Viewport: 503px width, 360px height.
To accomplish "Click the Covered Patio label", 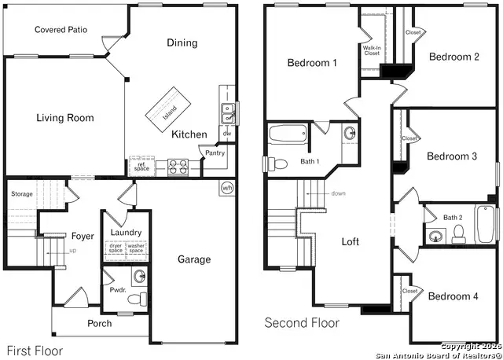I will pyautogui.click(x=61, y=30).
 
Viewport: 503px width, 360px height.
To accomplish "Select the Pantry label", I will pyautogui.click(x=215, y=153).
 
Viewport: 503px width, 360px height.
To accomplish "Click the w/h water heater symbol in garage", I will pyautogui.click(x=227, y=188).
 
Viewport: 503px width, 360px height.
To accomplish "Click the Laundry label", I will pyautogui.click(x=126, y=233).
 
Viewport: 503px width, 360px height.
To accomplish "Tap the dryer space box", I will pyautogui.click(x=115, y=248).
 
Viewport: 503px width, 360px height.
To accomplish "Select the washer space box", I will pyautogui.click(x=137, y=248).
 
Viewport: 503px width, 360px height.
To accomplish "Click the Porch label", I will pyautogui.click(x=100, y=323).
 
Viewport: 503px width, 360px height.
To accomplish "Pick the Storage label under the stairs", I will pyautogui.click(x=22, y=193).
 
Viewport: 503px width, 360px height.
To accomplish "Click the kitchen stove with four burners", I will pyautogui.click(x=176, y=166).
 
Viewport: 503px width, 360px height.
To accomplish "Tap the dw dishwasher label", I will pyautogui.click(x=226, y=134).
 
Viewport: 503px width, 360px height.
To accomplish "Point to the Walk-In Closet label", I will pyautogui.click(x=372, y=50).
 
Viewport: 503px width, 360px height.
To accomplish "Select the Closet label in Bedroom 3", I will pyautogui.click(x=409, y=138).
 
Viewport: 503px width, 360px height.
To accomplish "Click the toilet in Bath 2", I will pyautogui.click(x=460, y=233).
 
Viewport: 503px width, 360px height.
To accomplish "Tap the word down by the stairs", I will pyautogui.click(x=338, y=193).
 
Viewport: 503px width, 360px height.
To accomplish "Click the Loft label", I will pyautogui.click(x=351, y=242).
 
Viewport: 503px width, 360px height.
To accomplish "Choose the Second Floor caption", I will pyautogui.click(x=302, y=323).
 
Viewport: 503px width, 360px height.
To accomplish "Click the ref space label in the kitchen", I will pyautogui.click(x=141, y=167).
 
